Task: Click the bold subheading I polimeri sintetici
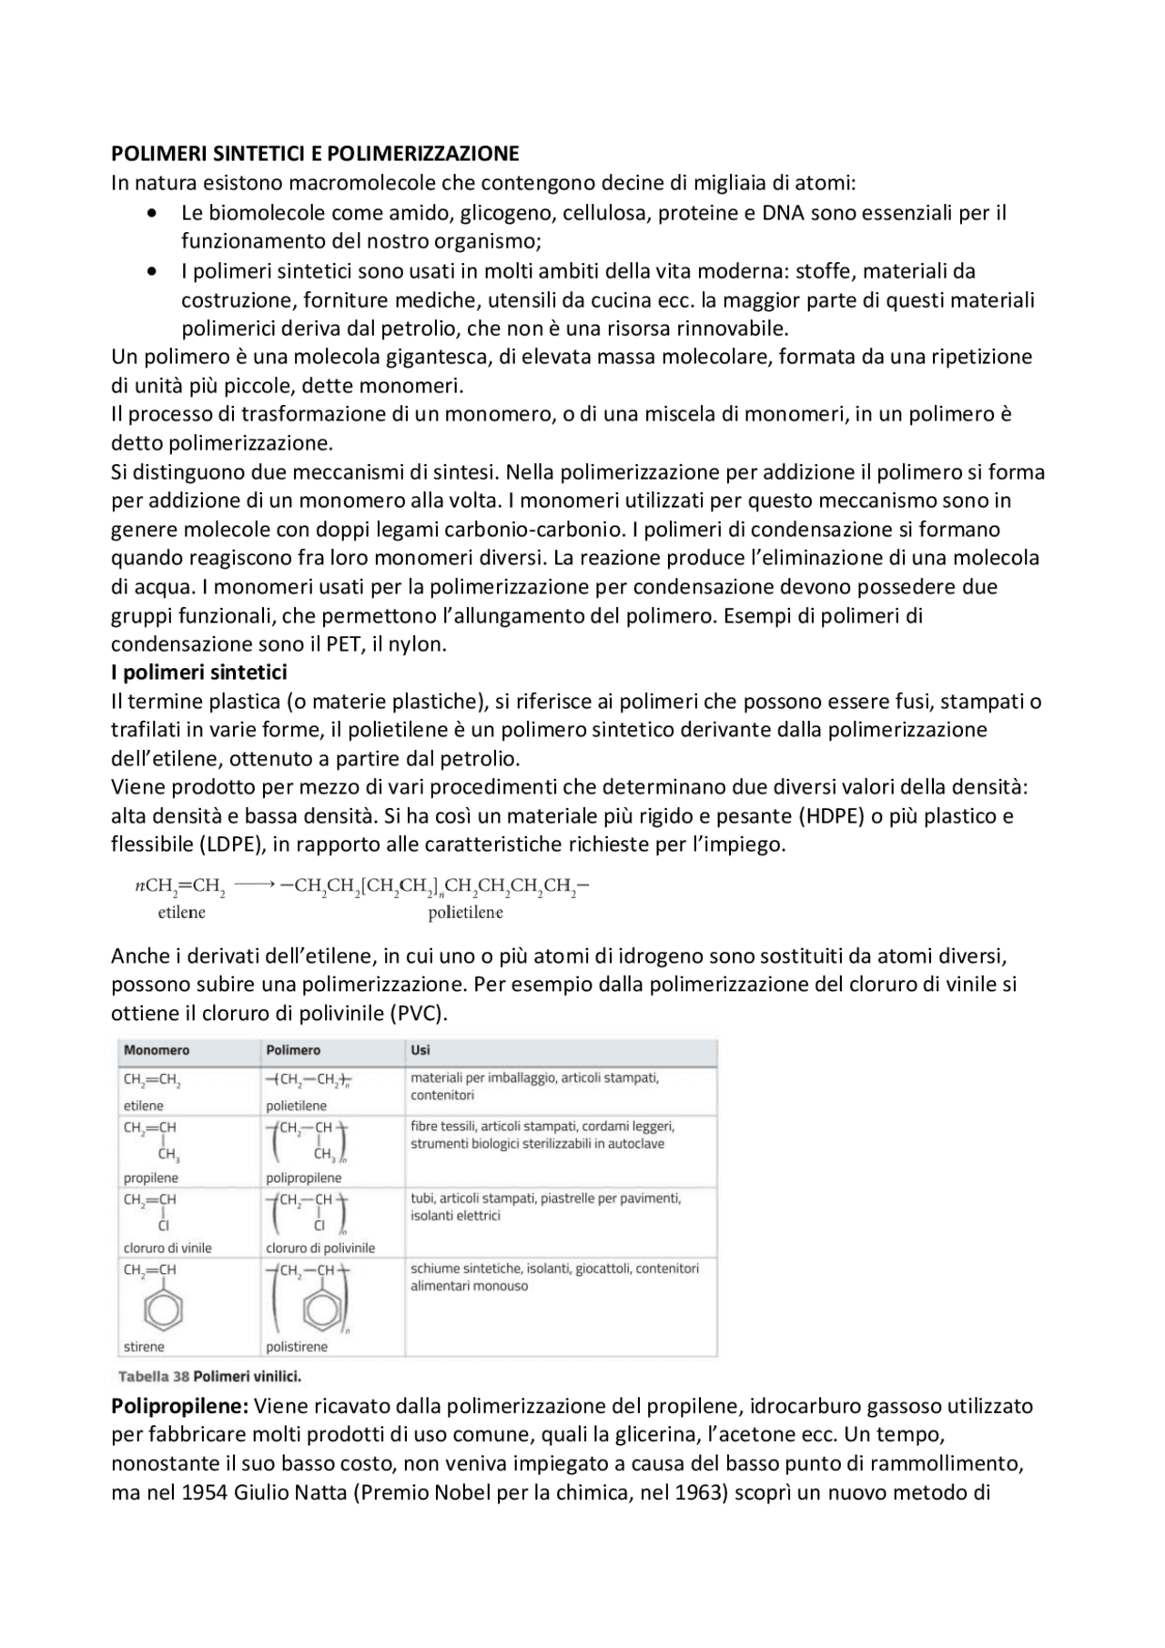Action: tap(198, 672)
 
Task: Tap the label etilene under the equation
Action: tap(181, 912)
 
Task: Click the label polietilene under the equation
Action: tap(465, 912)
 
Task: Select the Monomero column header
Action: tap(157, 1050)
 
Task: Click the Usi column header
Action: tap(420, 1050)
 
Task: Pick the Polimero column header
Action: tap(293, 1050)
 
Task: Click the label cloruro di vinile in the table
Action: tap(167, 1248)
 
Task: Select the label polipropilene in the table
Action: tap(303, 1178)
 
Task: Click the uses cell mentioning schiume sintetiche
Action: tap(553, 1277)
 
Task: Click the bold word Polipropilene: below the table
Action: tap(179, 1406)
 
